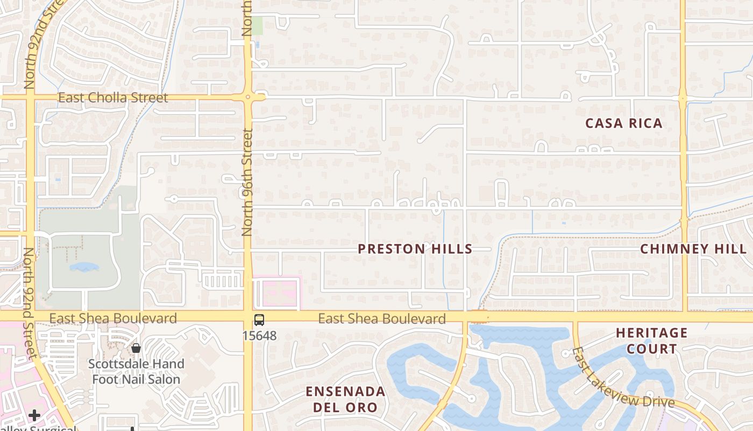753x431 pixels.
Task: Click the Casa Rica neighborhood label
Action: point(623,123)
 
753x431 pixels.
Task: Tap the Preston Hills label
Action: point(415,249)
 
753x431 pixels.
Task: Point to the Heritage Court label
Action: point(651,340)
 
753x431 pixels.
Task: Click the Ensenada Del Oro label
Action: point(345,399)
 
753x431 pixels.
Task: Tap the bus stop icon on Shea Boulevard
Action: point(259,319)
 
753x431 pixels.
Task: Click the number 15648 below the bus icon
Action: point(259,336)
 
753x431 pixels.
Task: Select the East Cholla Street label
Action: point(113,98)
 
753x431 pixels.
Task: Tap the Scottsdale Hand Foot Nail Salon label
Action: point(136,372)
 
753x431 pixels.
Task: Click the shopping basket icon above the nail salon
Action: point(136,348)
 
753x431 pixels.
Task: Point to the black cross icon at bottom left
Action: point(34,415)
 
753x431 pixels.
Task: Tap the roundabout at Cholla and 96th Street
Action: point(247,98)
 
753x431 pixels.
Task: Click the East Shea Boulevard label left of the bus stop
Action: point(113,318)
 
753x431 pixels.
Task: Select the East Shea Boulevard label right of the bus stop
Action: point(382,319)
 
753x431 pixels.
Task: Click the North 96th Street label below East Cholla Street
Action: point(247,182)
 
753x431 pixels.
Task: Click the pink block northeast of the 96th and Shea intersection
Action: point(276,293)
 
